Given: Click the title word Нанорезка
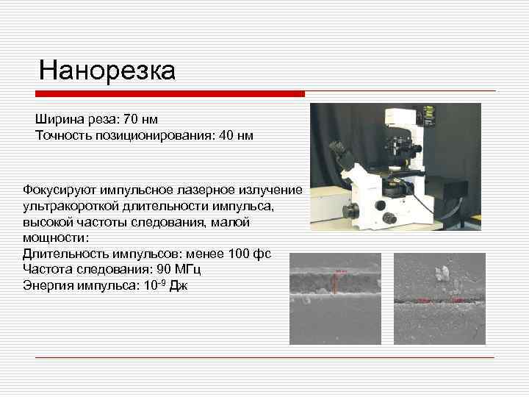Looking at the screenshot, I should coord(107,71).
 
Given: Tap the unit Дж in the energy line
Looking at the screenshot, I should coord(179,285).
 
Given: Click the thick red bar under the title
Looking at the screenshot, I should coord(170,94).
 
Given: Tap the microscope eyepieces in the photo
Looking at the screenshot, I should coord(339,152).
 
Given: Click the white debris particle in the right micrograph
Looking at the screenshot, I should coord(443,274).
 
